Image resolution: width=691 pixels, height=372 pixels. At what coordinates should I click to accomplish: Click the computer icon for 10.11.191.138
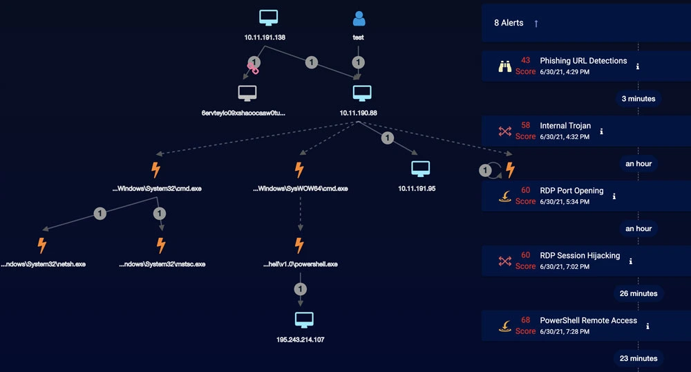coord(265,19)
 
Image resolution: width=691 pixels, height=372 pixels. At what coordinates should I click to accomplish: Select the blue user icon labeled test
coord(358,19)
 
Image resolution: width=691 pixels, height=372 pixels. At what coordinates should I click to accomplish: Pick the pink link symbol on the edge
coord(253,68)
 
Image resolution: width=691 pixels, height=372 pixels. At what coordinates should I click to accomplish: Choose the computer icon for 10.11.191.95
coord(420,169)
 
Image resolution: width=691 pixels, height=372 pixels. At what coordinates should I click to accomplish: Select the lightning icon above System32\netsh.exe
coord(42,245)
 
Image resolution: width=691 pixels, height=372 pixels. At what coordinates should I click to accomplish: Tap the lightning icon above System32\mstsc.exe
coord(161,245)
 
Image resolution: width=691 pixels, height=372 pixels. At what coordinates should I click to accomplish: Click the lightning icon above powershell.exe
coord(299,245)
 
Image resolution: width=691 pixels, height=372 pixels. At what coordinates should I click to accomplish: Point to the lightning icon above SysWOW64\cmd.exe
coord(299,169)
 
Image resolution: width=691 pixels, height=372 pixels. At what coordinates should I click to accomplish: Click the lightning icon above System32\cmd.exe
coord(155,169)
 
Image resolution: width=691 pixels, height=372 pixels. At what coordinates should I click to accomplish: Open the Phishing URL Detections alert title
coord(583,61)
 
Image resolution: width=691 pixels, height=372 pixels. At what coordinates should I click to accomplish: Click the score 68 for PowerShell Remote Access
coord(526,321)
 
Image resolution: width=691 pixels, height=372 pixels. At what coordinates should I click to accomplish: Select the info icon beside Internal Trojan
coord(602,130)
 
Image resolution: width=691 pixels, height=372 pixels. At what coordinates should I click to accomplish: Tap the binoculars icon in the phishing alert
coord(505,66)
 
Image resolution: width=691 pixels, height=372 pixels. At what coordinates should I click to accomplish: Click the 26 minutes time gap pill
coord(638,294)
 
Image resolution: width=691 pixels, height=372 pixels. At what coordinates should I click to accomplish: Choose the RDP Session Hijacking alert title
coord(580,256)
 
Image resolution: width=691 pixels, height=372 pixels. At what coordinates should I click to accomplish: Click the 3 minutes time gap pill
coord(638,99)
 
